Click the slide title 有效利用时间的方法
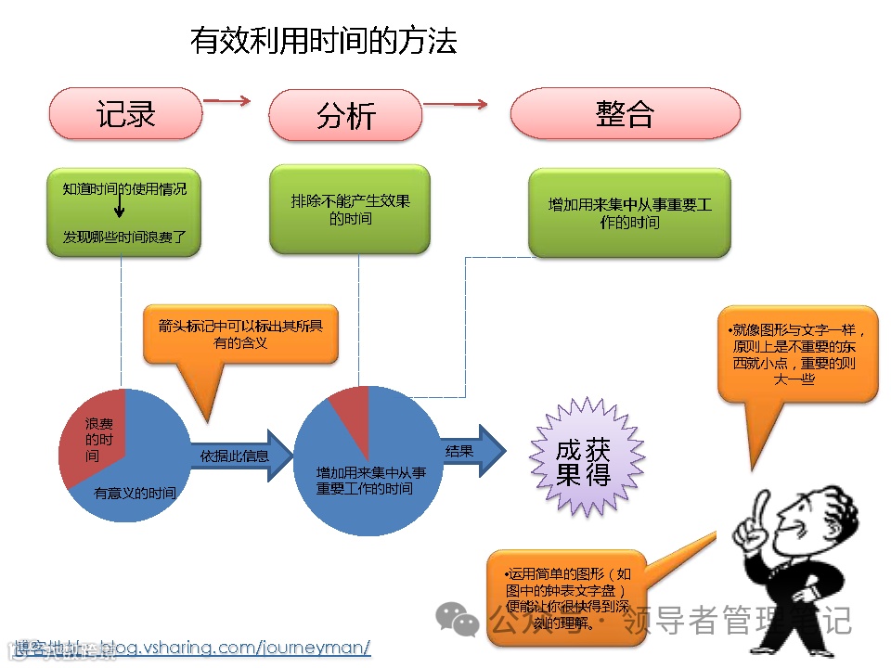[323, 41]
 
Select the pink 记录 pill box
[125, 113]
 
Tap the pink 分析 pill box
[345, 116]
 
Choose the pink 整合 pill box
[625, 113]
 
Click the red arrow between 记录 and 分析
[227, 100]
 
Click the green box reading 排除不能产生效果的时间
[350, 209]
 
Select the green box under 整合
[629, 212]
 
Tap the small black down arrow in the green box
[120, 206]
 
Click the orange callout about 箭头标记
[239, 334]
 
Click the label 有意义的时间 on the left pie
[136, 493]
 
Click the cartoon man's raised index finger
[761, 507]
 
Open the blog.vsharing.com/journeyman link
[234, 647]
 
